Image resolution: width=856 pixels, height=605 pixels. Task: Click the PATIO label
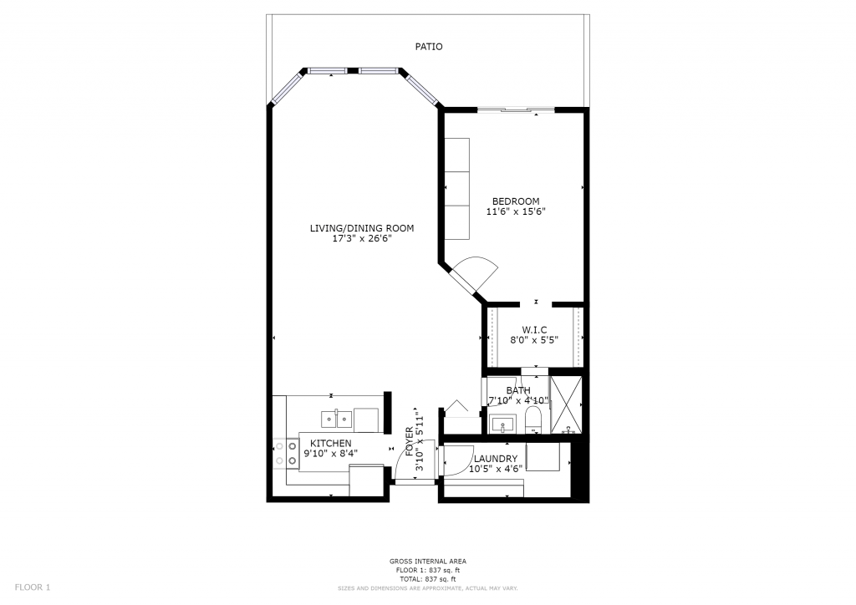pyautogui.click(x=429, y=47)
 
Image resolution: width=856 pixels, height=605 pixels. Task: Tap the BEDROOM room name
pyautogui.click(x=516, y=201)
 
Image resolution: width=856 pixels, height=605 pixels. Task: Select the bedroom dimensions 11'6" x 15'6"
pyautogui.click(x=516, y=211)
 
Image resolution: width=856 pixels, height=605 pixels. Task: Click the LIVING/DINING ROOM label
pyautogui.click(x=362, y=229)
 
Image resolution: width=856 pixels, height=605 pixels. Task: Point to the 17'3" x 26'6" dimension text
pyautogui.click(x=362, y=239)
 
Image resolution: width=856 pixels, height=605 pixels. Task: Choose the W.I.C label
pyautogui.click(x=534, y=330)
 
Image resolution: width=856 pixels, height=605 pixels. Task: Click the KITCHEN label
pyautogui.click(x=331, y=444)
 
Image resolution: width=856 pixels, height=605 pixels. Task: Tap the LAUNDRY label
pyautogui.click(x=496, y=459)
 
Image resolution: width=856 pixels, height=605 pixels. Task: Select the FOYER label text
pyautogui.click(x=410, y=441)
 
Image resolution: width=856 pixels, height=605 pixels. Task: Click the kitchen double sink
pyautogui.click(x=336, y=419)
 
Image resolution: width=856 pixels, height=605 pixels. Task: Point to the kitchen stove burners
pyautogui.click(x=286, y=454)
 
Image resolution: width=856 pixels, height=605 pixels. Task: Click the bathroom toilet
pyautogui.click(x=532, y=420)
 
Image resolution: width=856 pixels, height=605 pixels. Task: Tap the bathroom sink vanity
pyautogui.click(x=502, y=424)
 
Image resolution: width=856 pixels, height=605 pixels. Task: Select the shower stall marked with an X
pyautogui.click(x=566, y=404)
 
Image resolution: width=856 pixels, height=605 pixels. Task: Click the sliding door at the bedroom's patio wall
pyautogui.click(x=516, y=110)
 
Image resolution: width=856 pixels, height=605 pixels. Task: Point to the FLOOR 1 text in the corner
pyautogui.click(x=33, y=587)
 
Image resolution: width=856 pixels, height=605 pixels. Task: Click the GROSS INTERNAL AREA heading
pyautogui.click(x=427, y=562)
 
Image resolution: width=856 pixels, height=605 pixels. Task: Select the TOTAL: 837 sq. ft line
pyautogui.click(x=427, y=579)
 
